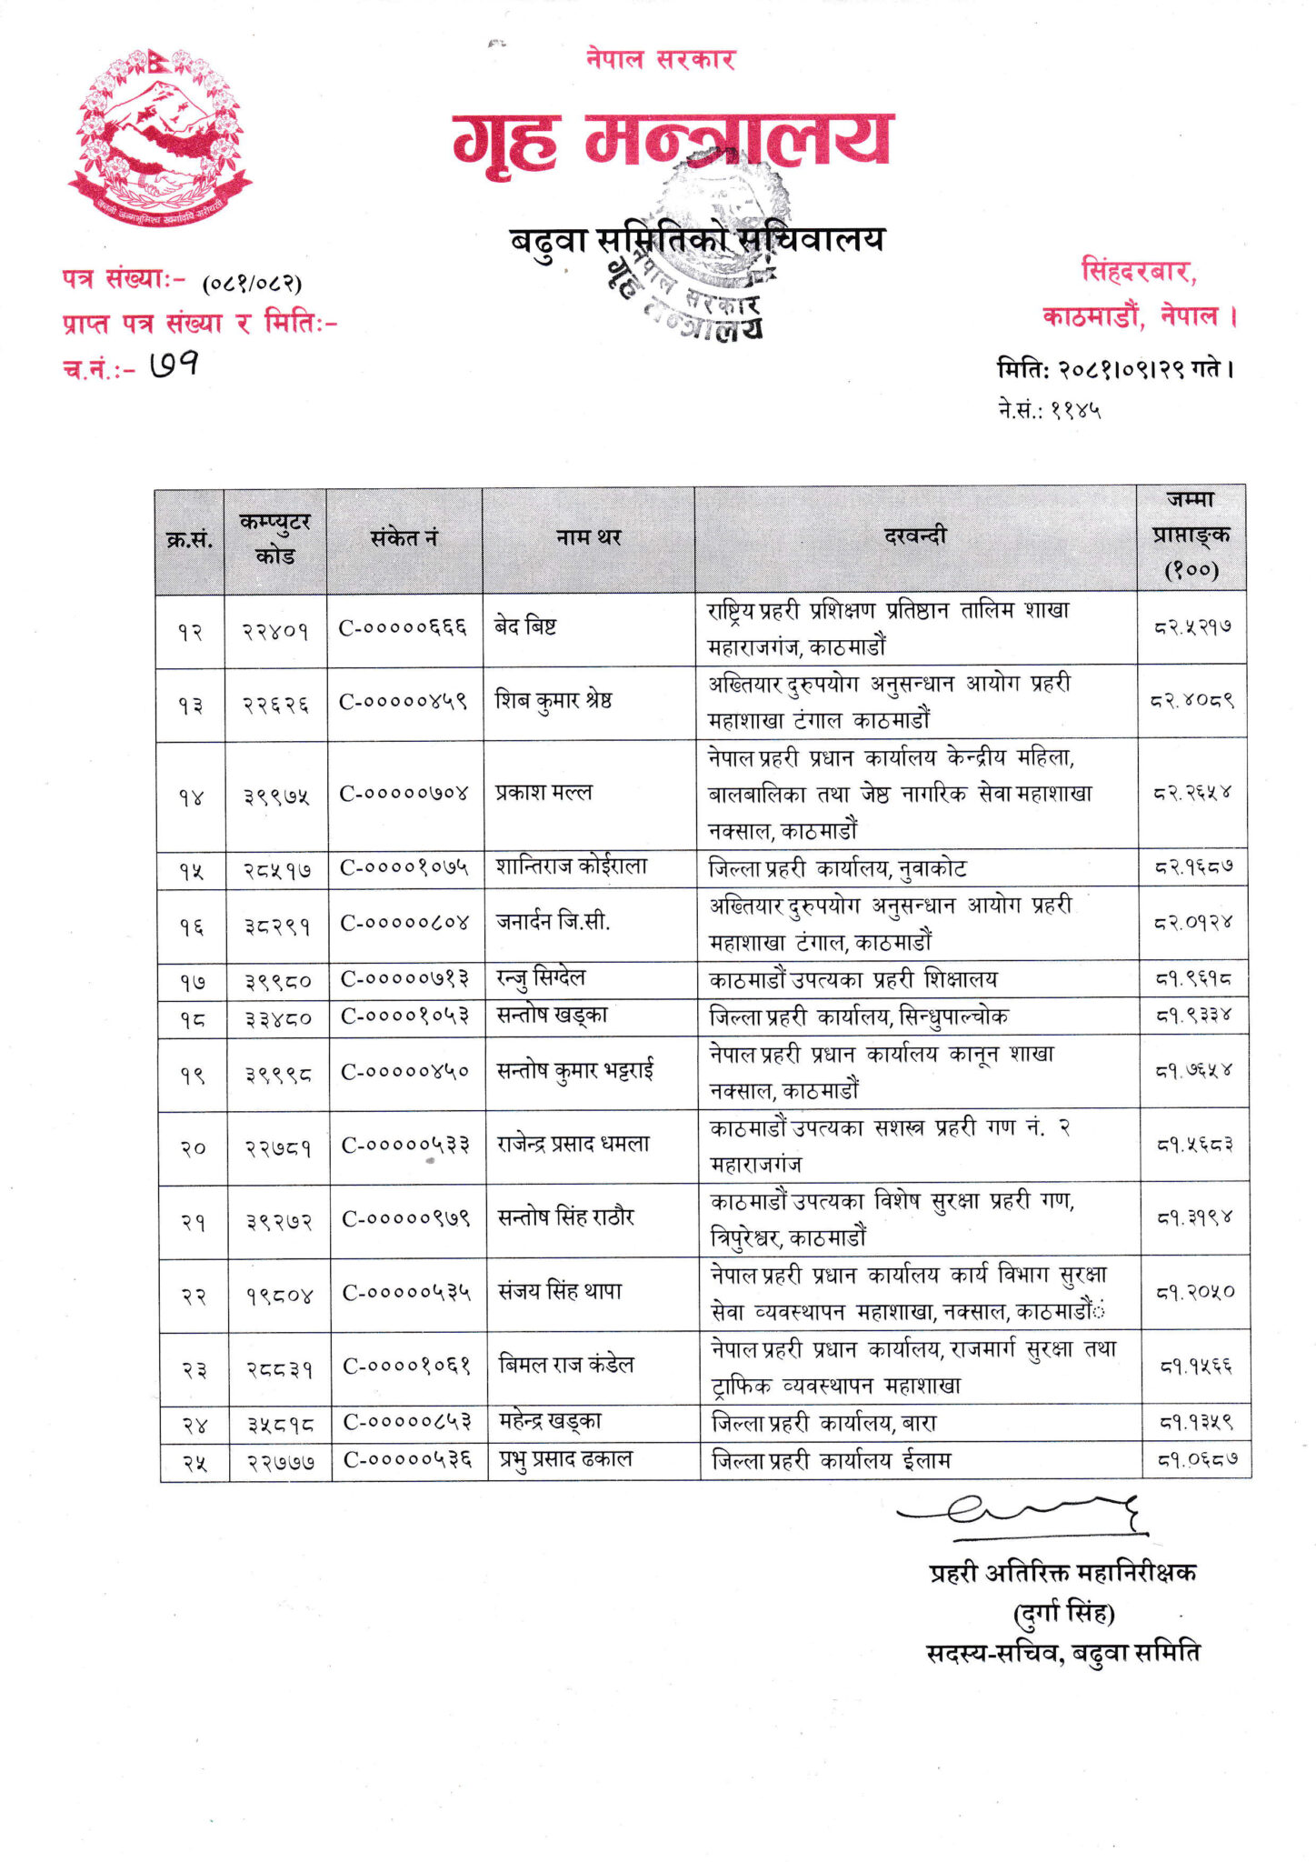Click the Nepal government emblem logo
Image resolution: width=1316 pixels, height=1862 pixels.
coord(160,136)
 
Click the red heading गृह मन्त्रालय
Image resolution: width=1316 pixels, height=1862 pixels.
coord(673,141)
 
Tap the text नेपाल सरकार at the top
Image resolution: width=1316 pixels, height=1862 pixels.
coord(660,60)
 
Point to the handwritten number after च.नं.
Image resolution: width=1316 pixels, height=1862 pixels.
coord(174,365)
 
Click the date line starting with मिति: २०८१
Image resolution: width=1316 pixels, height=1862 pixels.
coord(1115,370)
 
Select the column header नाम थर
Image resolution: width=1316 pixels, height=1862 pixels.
coord(588,538)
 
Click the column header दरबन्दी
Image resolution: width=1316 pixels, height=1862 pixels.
coord(914,536)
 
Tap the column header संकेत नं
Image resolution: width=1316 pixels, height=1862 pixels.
coord(404,538)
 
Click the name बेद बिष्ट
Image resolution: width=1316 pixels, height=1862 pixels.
coord(525,626)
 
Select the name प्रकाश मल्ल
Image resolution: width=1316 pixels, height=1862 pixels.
coord(543,793)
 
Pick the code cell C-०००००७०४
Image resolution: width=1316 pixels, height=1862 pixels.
coord(404,794)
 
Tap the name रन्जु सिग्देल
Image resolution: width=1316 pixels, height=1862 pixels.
coord(541,978)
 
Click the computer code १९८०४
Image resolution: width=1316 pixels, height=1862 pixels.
coord(278,1294)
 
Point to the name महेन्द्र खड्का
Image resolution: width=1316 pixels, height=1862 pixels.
coord(550,1422)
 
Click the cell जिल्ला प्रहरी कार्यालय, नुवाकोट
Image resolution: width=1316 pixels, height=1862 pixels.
coord(837,869)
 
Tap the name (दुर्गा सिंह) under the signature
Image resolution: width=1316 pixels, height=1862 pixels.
coord(1063,1614)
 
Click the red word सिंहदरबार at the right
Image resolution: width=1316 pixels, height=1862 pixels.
coord(1138,271)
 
